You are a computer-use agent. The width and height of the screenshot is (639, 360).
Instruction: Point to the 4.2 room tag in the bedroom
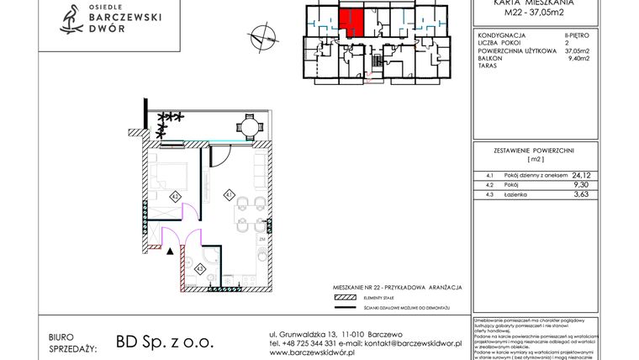(175, 196)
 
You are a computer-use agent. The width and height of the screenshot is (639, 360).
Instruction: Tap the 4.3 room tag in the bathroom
(200, 268)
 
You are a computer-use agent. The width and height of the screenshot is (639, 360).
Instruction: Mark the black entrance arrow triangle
(171, 249)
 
